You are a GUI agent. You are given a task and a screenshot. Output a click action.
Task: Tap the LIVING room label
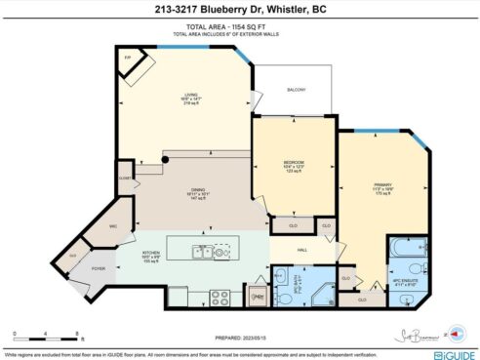point(178,98)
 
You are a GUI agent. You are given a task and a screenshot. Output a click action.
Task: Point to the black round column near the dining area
point(165,158)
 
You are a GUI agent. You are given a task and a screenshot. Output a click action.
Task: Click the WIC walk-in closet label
point(113,226)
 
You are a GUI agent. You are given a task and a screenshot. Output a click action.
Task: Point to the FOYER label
point(100,268)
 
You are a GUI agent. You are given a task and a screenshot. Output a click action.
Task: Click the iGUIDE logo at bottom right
point(450,344)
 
